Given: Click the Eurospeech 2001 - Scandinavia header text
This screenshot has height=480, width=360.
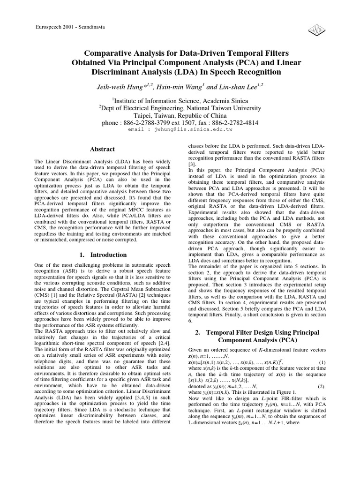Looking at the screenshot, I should click(x=70, y=27).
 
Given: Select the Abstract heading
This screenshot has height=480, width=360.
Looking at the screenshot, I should click(x=102, y=150).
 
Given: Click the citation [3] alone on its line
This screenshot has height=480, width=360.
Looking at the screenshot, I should click(x=191, y=165).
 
